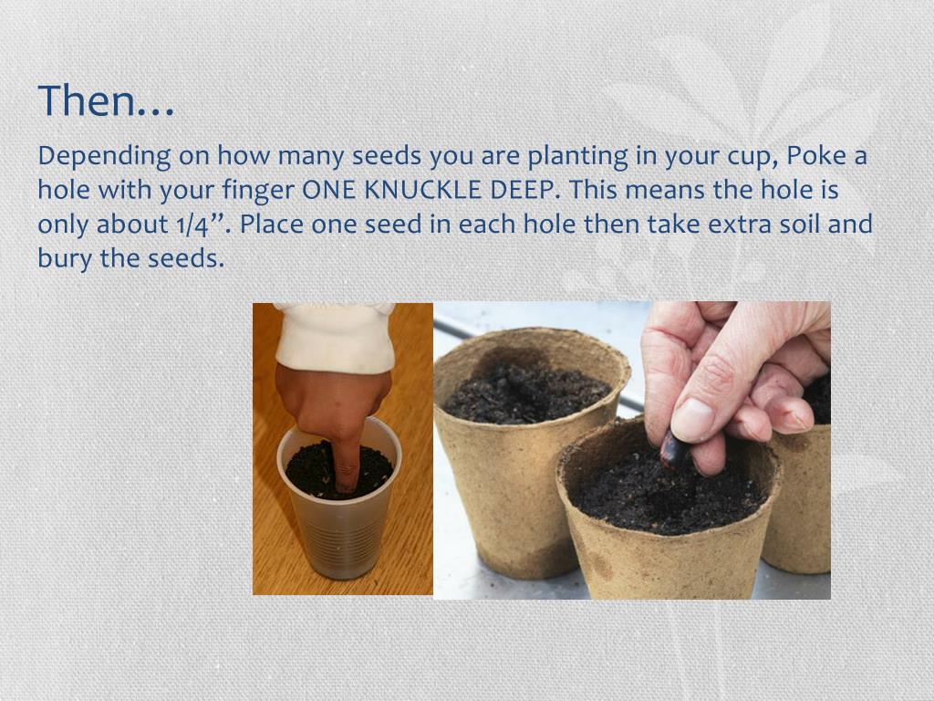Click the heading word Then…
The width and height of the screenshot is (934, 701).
coord(106,100)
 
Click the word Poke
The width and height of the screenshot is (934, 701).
coord(817,157)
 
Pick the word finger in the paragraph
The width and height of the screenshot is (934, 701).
coord(258,191)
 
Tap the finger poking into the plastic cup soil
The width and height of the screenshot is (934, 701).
coord(346,456)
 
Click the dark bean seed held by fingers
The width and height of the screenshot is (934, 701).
coord(676,450)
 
